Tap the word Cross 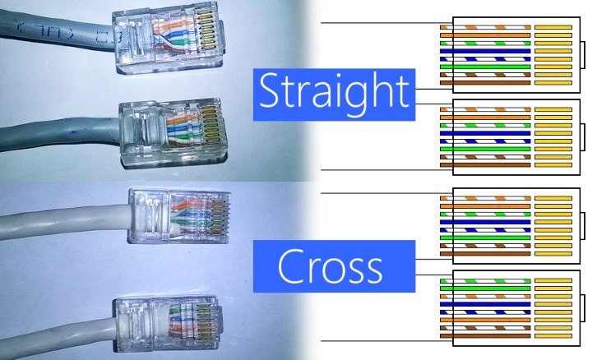pos(330,266)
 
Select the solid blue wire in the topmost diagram pos(485,51)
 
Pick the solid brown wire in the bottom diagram pos(485,336)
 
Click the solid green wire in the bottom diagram pos(485,288)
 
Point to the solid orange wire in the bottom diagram pos(485,320)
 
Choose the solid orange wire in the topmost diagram pos(485,35)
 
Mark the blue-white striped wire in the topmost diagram pos(485,59)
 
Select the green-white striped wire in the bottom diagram pos(485,281)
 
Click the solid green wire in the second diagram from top pos(485,149)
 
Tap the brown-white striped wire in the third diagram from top pos(485,246)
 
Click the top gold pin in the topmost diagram pos(553,27)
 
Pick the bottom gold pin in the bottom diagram pos(553,336)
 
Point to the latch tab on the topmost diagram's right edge pos(582,55)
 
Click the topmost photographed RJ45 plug pos(169,37)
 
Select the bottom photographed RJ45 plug pos(168,324)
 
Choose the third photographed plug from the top pos(179,216)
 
